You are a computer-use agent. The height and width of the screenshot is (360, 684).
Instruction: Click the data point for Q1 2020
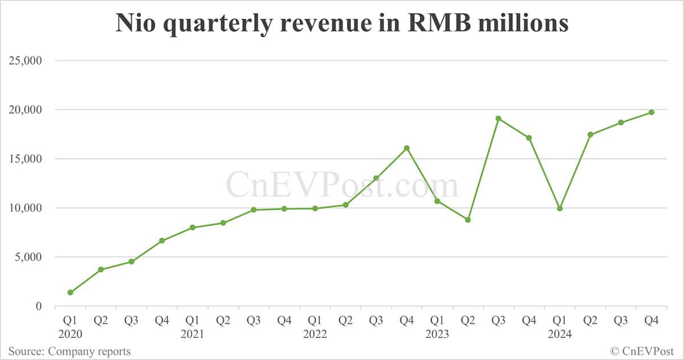[x=70, y=292]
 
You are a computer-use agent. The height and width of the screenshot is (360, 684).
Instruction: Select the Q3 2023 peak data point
[x=498, y=118]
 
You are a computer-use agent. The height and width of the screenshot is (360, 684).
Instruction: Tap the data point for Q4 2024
[x=651, y=112]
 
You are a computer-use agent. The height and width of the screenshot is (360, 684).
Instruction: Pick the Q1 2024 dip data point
[x=560, y=208]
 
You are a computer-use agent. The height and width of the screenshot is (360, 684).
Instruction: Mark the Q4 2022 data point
[x=406, y=148]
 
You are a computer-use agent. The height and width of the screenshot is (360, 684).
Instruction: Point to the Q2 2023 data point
[x=467, y=220]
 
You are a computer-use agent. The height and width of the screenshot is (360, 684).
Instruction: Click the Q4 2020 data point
[x=162, y=240]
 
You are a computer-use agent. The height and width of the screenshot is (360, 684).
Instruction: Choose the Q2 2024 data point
[x=590, y=134]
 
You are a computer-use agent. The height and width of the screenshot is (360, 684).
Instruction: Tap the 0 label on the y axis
[x=39, y=306]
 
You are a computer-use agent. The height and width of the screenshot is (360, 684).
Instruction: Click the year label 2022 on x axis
[x=315, y=334]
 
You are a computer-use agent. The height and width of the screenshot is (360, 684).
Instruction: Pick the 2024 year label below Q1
[x=560, y=334]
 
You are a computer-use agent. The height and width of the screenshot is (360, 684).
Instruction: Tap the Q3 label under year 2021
[x=254, y=321]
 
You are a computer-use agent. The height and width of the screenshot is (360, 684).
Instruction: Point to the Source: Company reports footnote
[x=69, y=351]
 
